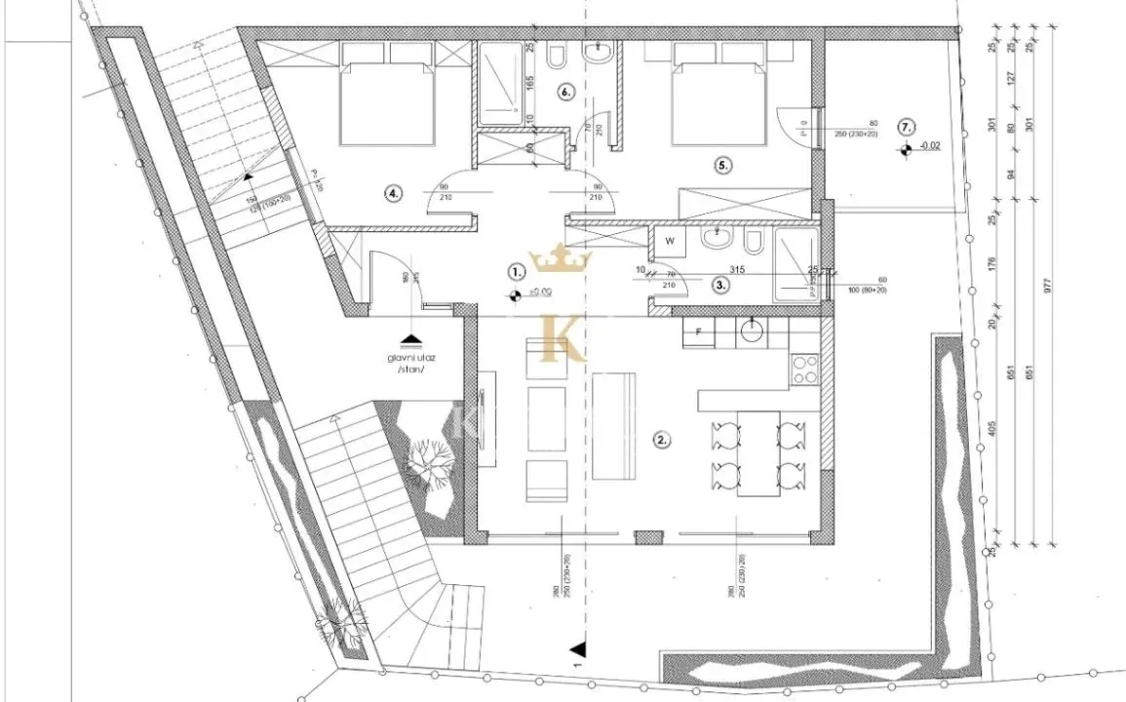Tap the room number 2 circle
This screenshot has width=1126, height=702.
662,440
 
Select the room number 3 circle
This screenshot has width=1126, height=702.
719,286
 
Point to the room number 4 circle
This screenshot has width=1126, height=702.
393,193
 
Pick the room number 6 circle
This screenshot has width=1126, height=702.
566,92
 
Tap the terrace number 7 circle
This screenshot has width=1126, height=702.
906,127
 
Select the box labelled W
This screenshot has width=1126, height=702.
670,239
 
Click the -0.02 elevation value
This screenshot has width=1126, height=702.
929,147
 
